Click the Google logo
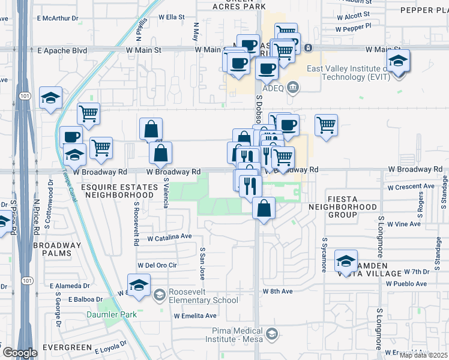click(x=19, y=353)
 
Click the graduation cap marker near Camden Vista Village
click(x=346, y=260)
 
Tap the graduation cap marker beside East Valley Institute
click(x=398, y=62)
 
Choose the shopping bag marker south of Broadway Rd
click(x=264, y=209)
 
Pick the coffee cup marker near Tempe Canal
click(x=71, y=137)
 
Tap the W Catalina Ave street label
click(x=169, y=238)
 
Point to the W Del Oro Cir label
click(x=157, y=265)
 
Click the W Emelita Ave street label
click(x=194, y=316)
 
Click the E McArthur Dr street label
click(x=58, y=19)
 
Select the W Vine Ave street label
click(x=403, y=224)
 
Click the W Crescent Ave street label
click(x=411, y=187)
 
